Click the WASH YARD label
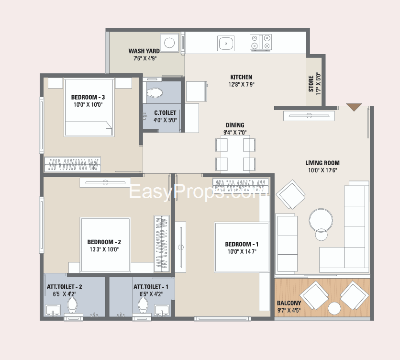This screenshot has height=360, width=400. click(x=144, y=51)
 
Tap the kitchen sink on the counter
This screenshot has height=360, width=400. click(x=226, y=43)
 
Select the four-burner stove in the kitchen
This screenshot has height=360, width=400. click(x=261, y=42)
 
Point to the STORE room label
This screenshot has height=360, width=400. click(x=311, y=83)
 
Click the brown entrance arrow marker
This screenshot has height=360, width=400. click(x=354, y=107)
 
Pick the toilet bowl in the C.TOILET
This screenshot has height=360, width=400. click(x=155, y=93)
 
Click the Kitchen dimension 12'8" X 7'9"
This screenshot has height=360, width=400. click(x=241, y=85)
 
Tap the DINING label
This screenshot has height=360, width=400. click(x=235, y=125)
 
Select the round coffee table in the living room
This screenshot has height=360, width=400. click(x=321, y=221)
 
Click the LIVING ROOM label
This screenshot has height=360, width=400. click(x=322, y=163)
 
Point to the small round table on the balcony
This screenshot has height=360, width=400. click(x=334, y=308)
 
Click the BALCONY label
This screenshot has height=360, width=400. click(x=289, y=303)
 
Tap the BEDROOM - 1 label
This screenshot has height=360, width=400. click(x=242, y=244)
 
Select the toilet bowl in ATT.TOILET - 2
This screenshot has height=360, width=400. click(x=72, y=305)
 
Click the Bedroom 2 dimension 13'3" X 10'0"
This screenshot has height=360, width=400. click(x=104, y=249)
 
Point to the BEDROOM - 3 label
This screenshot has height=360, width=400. click(x=88, y=97)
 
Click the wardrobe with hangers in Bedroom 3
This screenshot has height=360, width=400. click(x=72, y=164)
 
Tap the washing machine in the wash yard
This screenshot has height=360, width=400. click(x=169, y=43)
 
